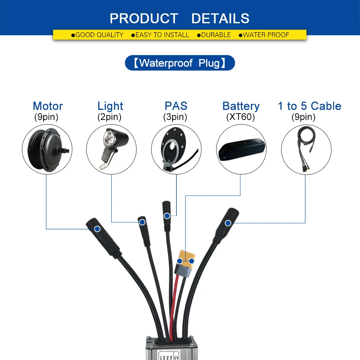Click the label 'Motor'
(x=48, y=106)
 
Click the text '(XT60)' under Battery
(x=240, y=117)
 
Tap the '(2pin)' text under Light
(x=109, y=117)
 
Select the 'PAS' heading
(x=176, y=106)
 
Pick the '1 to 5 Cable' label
(x=309, y=106)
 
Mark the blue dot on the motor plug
(x=97, y=229)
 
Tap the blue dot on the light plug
(x=142, y=222)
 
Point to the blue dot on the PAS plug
(x=167, y=216)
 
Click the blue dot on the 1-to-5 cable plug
(x=228, y=223)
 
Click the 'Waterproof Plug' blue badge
(x=180, y=63)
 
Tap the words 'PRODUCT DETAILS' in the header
(x=180, y=18)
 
